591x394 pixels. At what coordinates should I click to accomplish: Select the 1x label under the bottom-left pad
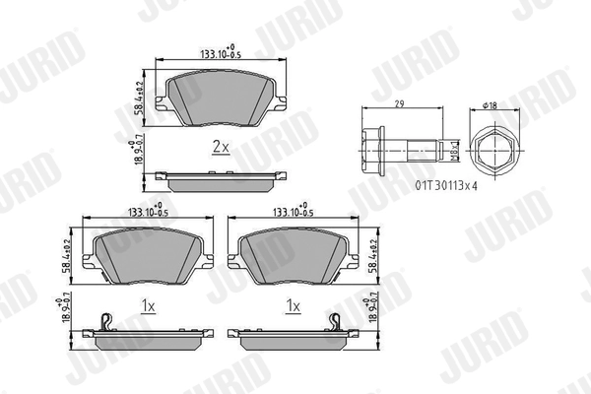(149, 306)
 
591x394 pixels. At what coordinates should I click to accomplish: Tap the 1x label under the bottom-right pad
(293, 306)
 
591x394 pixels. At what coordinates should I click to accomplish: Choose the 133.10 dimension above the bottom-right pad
(293, 212)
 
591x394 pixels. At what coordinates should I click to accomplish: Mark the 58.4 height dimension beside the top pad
(138, 98)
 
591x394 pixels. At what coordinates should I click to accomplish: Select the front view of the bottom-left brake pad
(148, 253)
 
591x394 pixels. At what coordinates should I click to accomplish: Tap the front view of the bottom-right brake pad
(293, 253)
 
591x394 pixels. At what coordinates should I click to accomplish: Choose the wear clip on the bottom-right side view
(336, 320)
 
